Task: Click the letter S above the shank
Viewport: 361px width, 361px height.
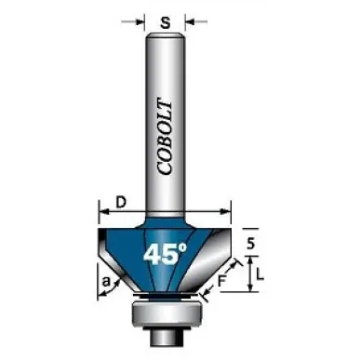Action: pos(166,22)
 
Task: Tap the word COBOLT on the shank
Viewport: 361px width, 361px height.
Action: pos(165,137)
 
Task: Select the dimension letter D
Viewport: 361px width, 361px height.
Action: pos(121,203)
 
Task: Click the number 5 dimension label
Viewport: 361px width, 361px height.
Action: pos(251,244)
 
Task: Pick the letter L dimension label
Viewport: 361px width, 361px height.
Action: pos(260,274)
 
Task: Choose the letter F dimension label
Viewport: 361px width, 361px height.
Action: pos(221,281)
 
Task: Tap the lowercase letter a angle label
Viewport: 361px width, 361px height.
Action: pos(106,282)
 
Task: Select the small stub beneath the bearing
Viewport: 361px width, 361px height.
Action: pos(166,337)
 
